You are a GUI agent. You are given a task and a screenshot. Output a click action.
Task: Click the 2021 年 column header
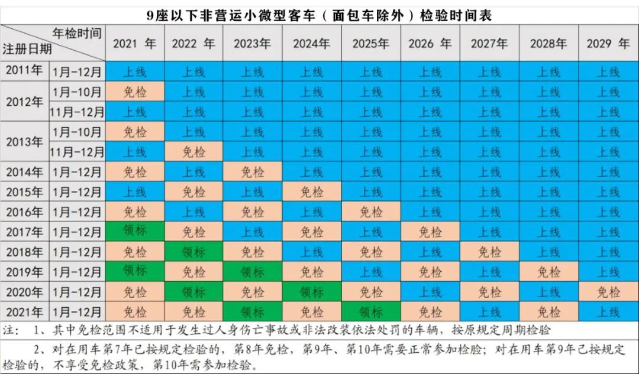tap(134, 43)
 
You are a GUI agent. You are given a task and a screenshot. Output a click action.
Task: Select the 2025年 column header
tap(371, 43)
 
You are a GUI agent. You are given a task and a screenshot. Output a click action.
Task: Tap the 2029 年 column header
tap(608, 43)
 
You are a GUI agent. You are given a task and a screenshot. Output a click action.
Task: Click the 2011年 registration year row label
tap(24, 71)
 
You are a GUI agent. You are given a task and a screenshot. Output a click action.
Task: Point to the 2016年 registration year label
tap(24, 212)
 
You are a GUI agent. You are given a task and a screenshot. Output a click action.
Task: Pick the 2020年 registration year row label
tap(24, 292)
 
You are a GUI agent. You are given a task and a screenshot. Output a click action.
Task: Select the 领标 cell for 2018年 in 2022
tap(193, 252)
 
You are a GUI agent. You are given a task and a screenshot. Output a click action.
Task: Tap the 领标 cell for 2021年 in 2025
tap(371, 311)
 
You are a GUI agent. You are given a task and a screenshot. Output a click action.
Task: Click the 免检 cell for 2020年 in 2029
tap(608, 292)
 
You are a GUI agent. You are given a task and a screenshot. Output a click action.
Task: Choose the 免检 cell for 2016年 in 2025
tap(371, 212)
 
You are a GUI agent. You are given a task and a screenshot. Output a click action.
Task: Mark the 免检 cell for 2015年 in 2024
tap(312, 192)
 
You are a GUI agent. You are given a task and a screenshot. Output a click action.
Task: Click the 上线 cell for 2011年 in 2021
tap(134, 71)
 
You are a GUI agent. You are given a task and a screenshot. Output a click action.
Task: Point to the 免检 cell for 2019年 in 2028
tap(548, 272)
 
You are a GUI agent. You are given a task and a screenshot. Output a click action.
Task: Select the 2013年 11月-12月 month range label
tap(78, 152)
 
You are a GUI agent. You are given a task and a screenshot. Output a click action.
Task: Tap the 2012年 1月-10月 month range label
tap(78, 92)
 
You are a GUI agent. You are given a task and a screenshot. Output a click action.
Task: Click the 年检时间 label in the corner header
tap(77, 32)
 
